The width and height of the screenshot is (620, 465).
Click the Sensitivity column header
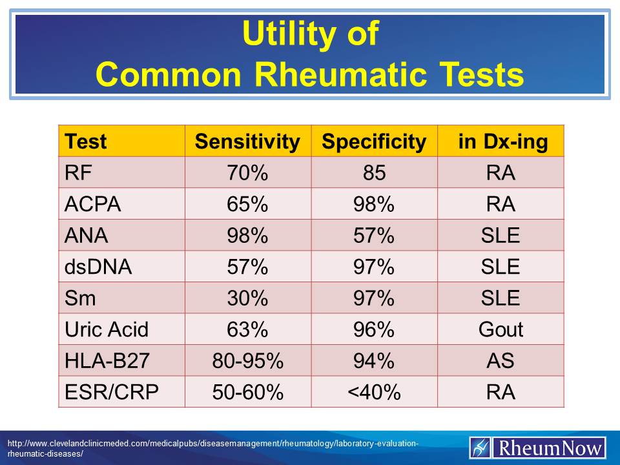[x=247, y=141]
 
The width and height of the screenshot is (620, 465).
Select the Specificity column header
[x=374, y=141]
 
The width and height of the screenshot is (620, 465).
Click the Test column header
[x=87, y=141]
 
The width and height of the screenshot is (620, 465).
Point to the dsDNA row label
[x=98, y=267]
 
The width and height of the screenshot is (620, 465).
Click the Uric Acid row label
[x=107, y=329]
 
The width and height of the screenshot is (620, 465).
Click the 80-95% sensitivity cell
[x=247, y=360]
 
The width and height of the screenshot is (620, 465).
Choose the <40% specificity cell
[x=374, y=392]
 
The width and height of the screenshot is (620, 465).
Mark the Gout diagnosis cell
[x=501, y=329]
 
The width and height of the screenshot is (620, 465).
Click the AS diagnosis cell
[x=501, y=360]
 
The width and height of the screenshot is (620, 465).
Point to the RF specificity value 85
[x=374, y=173]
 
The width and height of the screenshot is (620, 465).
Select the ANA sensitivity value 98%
[x=247, y=236]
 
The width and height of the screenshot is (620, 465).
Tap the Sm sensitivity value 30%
[x=247, y=298]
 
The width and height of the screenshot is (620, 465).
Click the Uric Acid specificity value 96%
[x=374, y=329]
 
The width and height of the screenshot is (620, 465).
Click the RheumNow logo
[x=537, y=448]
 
